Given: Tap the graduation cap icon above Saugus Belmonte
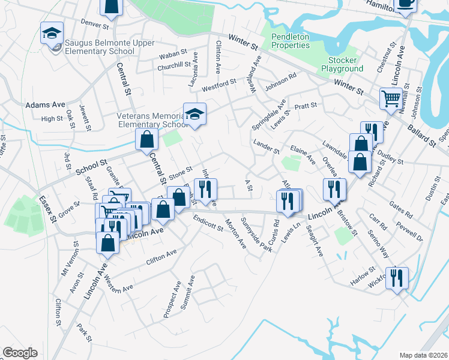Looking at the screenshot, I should point(52,32).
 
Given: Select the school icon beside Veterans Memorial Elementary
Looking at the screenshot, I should point(194,115).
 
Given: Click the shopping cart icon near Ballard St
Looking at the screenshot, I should point(391,97).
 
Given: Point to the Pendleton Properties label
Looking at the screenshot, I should point(291,41).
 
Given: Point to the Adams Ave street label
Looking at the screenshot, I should point(45,104).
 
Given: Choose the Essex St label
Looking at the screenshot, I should point(48,208).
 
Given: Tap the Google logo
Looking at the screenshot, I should point(20,353).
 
